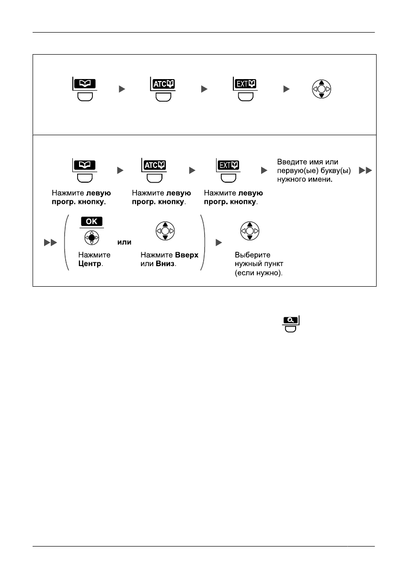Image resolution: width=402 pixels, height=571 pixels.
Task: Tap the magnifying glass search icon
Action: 290,320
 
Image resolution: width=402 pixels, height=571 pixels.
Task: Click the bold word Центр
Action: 88,264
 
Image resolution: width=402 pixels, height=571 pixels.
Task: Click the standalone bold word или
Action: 124,243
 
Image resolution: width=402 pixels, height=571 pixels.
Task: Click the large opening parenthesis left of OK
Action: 68,242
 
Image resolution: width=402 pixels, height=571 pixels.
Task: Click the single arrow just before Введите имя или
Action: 263,171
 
